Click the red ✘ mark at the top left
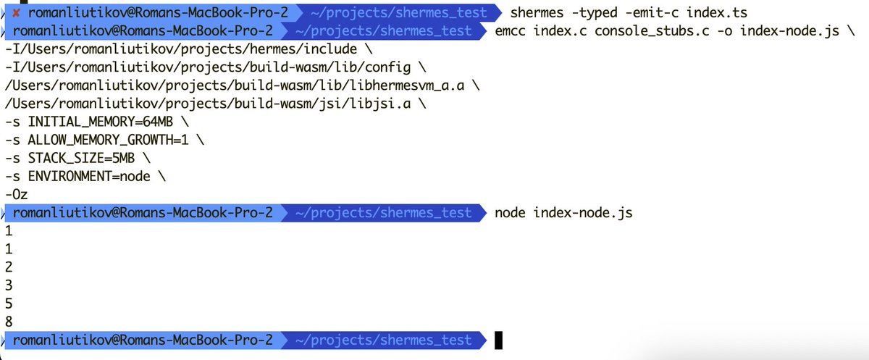coord(17,12)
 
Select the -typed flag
coord(598,12)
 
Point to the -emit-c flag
coord(659,12)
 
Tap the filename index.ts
coord(720,12)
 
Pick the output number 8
coord(9,322)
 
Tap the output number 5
coord(9,304)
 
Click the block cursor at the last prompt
coord(498,340)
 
